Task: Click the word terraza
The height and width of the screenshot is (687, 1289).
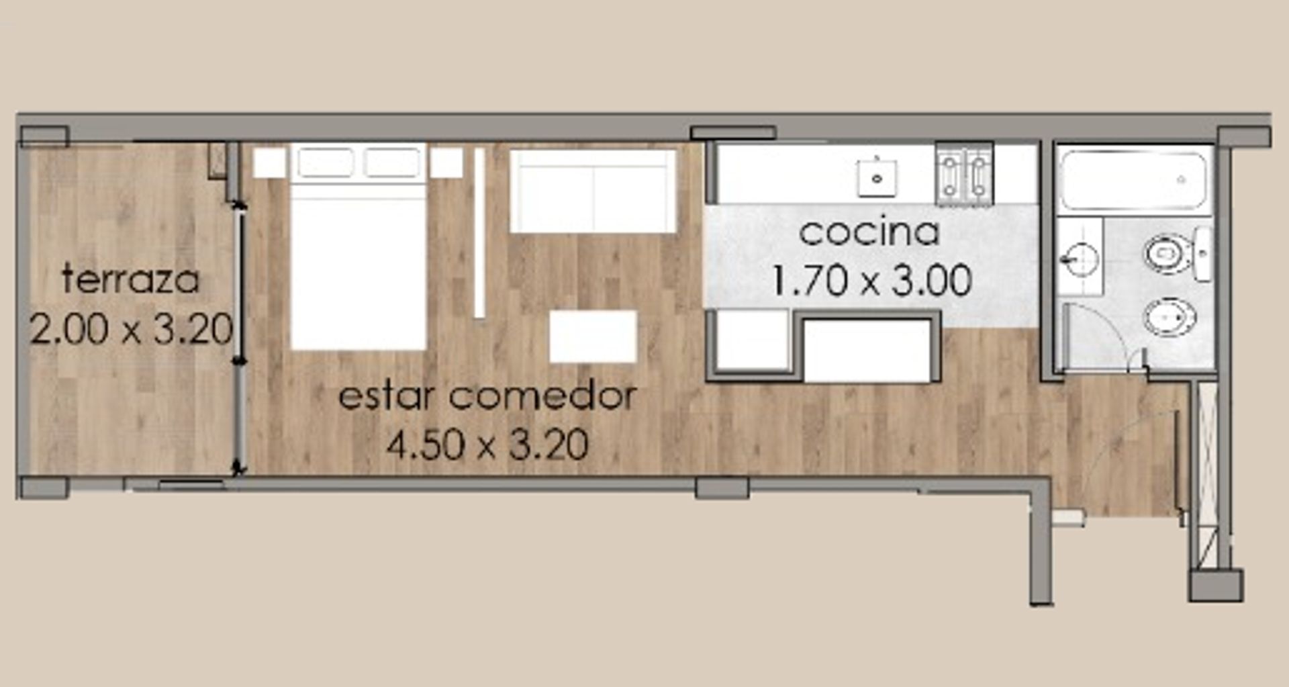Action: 131,279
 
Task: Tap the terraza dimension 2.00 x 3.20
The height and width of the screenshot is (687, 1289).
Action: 131,329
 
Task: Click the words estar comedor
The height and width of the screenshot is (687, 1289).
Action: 487,396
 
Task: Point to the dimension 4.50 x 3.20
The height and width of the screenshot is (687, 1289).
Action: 487,445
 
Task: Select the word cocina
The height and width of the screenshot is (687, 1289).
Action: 869,232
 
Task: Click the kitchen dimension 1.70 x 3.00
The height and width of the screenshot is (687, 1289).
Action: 871,281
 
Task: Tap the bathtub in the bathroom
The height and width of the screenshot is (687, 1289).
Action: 1133,179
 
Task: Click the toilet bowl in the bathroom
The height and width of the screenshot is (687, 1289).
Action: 1166,254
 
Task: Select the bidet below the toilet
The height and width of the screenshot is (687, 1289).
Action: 1169,316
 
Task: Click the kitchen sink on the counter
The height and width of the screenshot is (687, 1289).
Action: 877,178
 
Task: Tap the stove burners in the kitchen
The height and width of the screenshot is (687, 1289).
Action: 964,173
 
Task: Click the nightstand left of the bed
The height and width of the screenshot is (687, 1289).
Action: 269,163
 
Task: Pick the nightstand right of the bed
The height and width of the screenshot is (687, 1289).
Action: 446,163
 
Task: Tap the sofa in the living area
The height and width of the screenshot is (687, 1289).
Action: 593,191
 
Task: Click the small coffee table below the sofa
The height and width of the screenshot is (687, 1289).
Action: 593,336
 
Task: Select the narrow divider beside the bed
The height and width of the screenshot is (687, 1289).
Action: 479,232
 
